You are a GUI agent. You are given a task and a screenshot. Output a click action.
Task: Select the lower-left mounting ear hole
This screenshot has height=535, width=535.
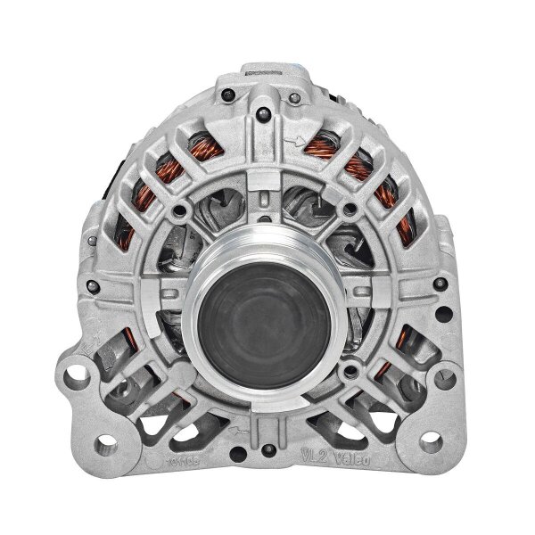[x=106, y=443]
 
